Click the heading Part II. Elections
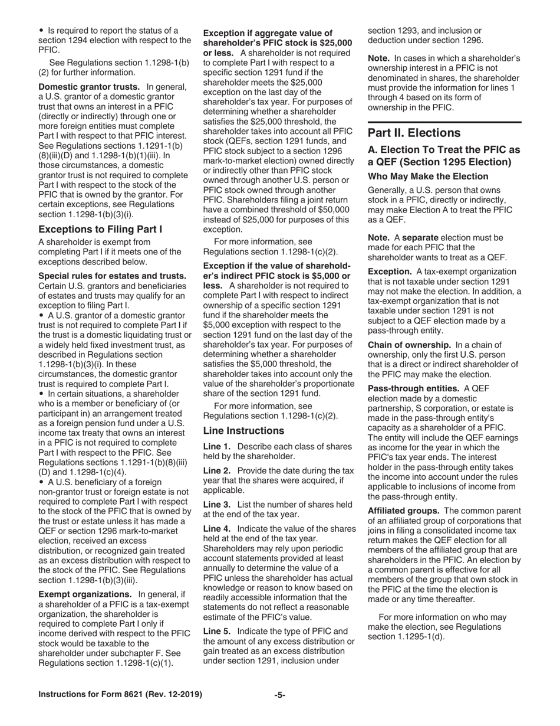(414, 133)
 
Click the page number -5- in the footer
(279, 695)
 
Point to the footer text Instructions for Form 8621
(120, 695)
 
